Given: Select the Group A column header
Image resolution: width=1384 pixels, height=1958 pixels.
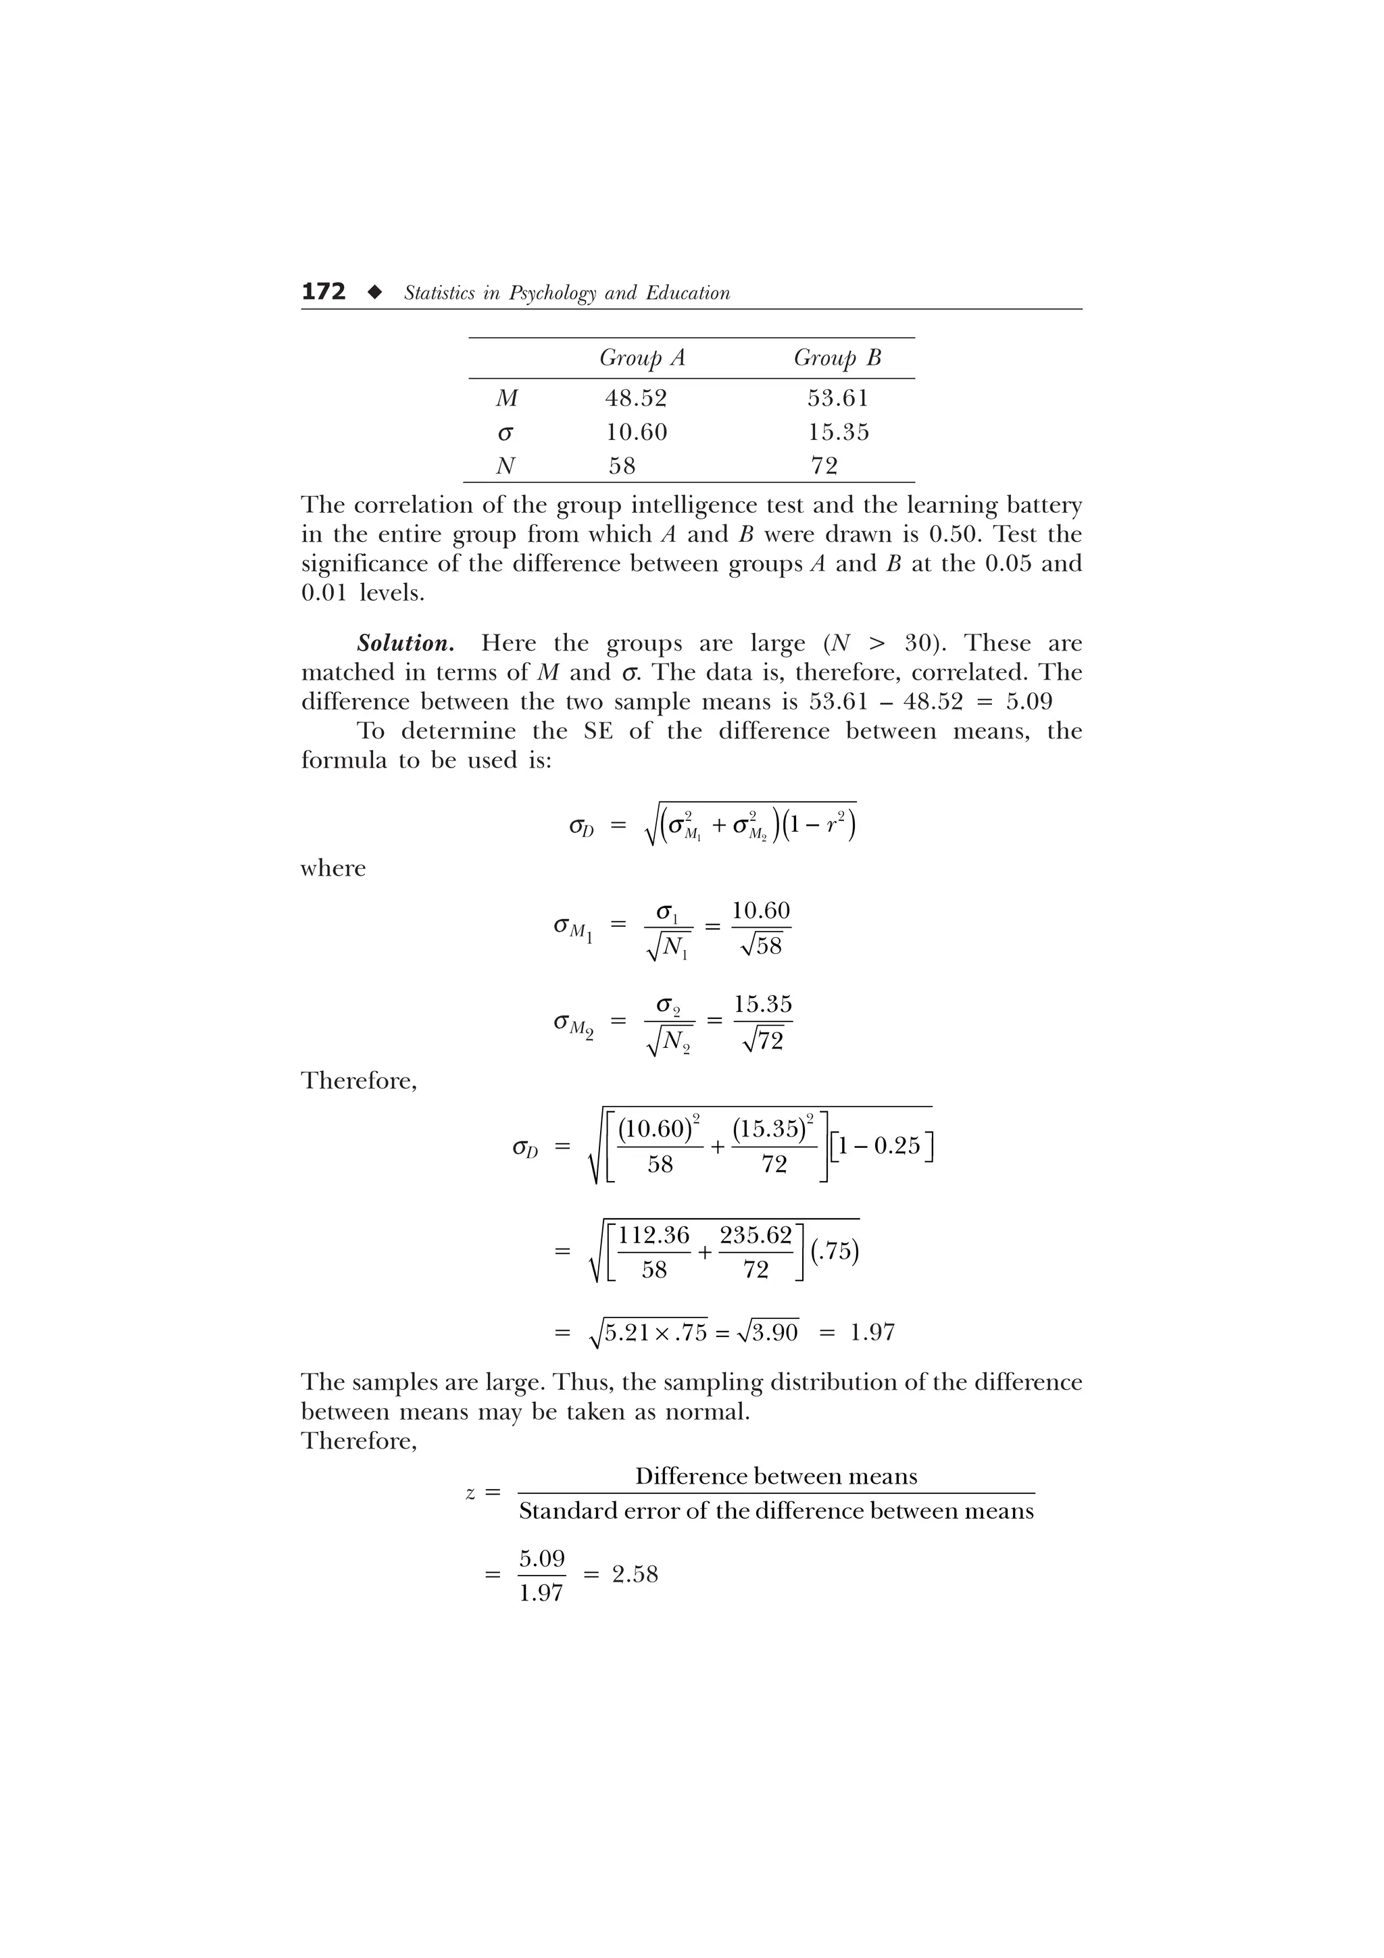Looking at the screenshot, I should tap(641, 357).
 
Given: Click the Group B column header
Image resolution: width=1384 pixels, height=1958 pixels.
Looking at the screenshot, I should tap(837, 357).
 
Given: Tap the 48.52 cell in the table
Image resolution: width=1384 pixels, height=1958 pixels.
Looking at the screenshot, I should tap(635, 398).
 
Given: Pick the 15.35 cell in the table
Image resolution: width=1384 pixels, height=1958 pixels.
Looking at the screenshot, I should tap(838, 432).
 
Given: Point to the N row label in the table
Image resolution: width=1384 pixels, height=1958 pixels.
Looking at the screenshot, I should tap(505, 466).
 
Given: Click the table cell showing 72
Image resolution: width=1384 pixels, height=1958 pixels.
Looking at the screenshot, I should tap(824, 466).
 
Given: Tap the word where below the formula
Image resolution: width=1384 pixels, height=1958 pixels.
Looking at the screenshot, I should tap(332, 868).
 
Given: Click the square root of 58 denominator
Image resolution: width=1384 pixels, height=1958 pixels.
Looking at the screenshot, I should tap(762, 946).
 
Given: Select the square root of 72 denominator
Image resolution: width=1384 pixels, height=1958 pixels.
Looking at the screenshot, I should tap(763, 1040).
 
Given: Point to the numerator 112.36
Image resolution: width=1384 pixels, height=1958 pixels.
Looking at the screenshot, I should tap(653, 1235).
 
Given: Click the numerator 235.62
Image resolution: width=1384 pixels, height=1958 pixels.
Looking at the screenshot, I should tap(756, 1235).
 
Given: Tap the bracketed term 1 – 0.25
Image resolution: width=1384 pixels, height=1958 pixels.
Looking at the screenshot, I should tap(881, 1145).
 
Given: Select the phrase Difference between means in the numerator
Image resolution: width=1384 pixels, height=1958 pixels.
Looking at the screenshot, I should tap(776, 1476).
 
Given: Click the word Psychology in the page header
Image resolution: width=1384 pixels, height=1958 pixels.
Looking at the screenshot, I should tap(553, 293).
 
